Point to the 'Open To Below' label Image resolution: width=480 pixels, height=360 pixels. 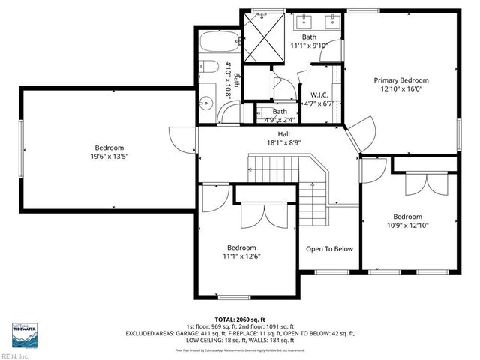(329, 249)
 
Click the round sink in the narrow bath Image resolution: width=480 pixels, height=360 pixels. (207, 68)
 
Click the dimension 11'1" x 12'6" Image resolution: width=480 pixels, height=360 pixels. (241, 256)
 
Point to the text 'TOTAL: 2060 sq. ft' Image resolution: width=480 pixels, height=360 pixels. (241, 319)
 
